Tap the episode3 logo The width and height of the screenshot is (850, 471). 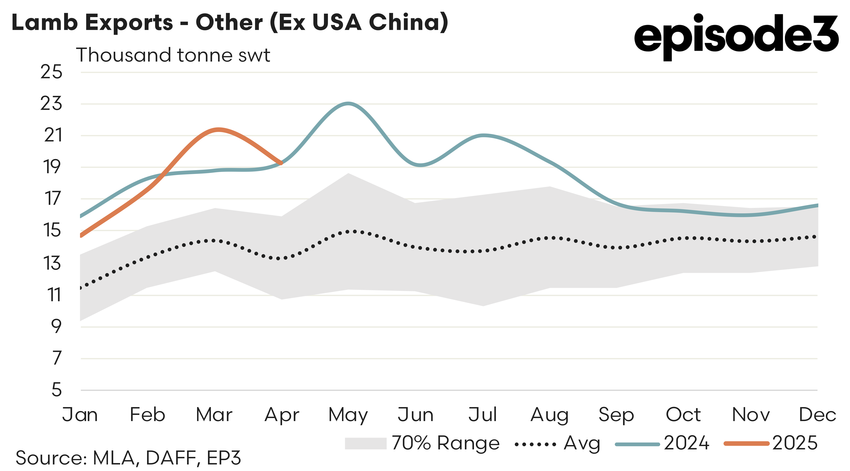[736, 36]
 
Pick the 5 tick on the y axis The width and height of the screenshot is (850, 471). [56, 390]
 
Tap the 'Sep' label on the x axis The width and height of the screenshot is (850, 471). [616, 415]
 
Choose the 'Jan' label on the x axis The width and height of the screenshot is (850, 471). [80, 415]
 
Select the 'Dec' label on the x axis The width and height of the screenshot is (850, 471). [817, 415]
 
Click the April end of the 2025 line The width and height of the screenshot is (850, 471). [281, 163]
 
